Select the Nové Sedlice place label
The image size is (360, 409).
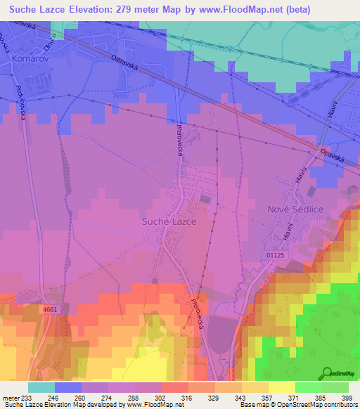295,209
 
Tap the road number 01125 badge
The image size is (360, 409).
277,256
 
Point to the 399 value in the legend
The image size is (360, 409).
347,398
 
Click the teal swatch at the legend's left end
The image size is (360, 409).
41,387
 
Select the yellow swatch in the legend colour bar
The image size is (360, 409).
281,387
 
